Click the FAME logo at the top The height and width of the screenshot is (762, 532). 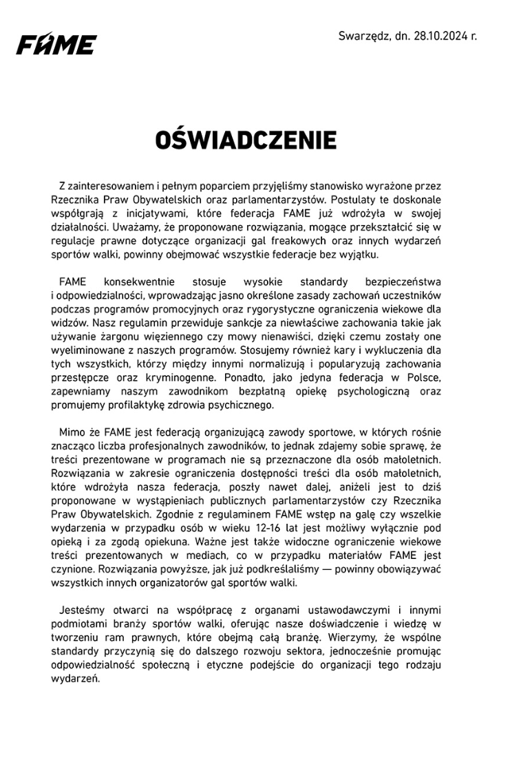pyautogui.click(x=56, y=45)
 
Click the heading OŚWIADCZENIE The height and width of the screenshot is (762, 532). pyautogui.click(x=246, y=140)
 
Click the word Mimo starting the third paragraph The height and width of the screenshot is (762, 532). pyautogui.click(x=73, y=432)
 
